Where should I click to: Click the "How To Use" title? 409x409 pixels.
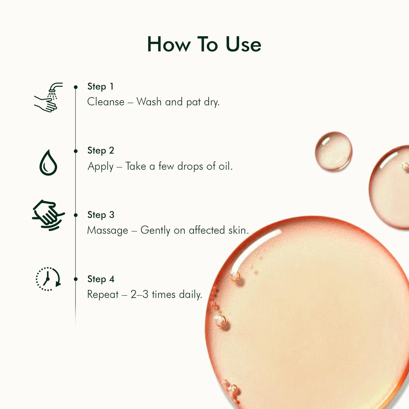coord(204,44)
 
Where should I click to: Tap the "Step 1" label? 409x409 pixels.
coord(100,87)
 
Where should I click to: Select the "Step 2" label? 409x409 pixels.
coord(101,150)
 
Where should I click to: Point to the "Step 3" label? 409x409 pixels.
coord(101,215)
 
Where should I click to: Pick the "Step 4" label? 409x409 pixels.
coord(101,279)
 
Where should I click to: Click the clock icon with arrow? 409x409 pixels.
coord(48,279)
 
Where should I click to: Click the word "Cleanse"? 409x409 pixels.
coord(106,102)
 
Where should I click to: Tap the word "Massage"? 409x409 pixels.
coord(107,230)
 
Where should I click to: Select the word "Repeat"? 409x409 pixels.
coord(103,295)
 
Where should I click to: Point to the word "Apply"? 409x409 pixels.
coord(100,166)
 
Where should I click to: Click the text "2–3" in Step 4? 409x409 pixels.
coord(139,294)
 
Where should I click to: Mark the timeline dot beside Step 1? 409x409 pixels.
coord(76,87)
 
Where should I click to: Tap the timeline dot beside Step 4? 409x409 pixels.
coord(76,279)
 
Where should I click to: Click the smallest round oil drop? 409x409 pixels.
coord(333,151)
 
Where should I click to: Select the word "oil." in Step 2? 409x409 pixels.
coord(225,166)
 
